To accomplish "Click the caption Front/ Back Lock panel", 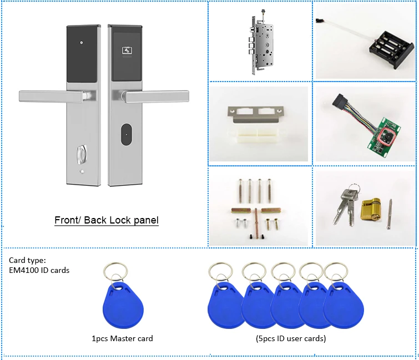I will tap(106, 220).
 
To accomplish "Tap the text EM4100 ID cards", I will tap(39, 270).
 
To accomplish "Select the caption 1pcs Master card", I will tap(122, 338).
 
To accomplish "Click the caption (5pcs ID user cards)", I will tap(290, 338).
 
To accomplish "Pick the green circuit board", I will tap(382, 137).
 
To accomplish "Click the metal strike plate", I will tap(258, 115).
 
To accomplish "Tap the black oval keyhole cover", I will tap(127, 133).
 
